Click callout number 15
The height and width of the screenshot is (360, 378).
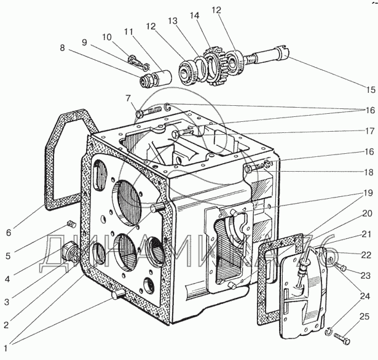pos(368,90)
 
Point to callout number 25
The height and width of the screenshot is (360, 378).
pos(364,316)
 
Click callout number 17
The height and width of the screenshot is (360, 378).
pos(368,130)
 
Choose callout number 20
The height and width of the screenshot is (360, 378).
pos(368,213)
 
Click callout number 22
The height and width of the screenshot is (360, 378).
pos(368,255)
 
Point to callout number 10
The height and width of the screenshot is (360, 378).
pos(107,37)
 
